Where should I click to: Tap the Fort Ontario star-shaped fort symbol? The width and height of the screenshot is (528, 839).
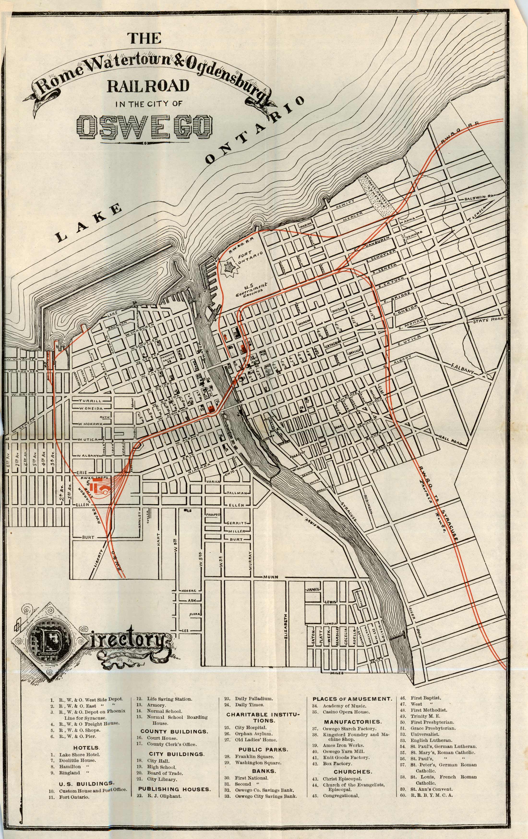click(230, 268)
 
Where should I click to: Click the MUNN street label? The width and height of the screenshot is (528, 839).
click(271, 577)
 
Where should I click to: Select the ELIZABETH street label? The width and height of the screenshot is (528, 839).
click(285, 624)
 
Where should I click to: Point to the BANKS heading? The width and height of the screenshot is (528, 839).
click(264, 771)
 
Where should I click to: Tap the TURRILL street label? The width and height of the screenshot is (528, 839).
click(90, 401)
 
